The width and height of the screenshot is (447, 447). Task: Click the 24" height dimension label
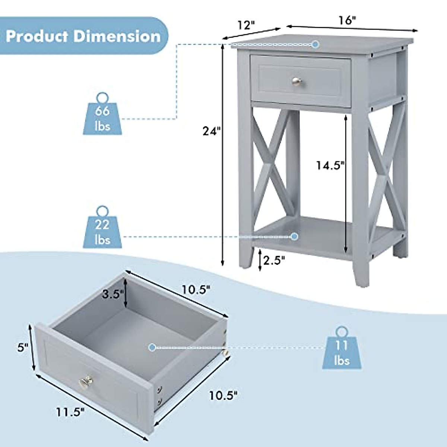point(212,131)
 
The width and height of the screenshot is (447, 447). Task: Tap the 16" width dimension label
point(348,20)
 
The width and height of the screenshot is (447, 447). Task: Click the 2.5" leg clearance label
point(274,260)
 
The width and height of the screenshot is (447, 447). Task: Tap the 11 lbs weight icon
point(342,349)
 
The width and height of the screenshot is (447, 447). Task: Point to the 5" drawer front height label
point(23,348)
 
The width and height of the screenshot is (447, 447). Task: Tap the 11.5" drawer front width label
point(71,412)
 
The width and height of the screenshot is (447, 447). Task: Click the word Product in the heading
point(37,37)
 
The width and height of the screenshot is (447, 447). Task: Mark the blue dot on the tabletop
point(316,44)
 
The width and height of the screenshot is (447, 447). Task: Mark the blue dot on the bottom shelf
point(295,236)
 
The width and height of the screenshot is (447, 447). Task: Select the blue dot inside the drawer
point(152,347)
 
